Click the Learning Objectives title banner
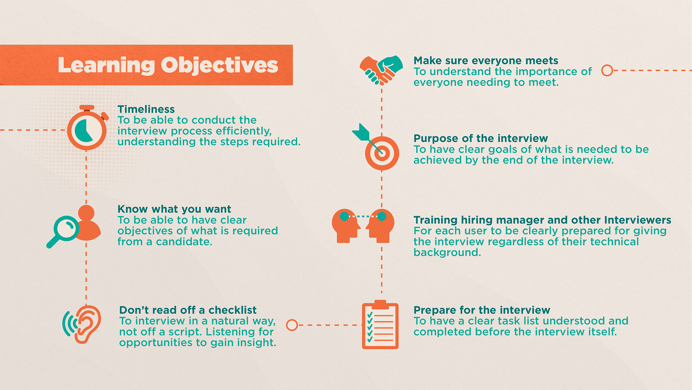pyautogui.click(x=146, y=65)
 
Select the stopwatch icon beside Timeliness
pyautogui.click(x=87, y=128)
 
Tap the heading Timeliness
pyautogui.click(x=146, y=109)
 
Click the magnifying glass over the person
pyautogui.click(x=63, y=231)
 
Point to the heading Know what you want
pyautogui.click(x=174, y=209)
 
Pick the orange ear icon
pyautogui.click(x=87, y=324)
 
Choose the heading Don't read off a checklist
pyautogui.click(x=188, y=310)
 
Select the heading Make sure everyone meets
pyautogui.click(x=486, y=60)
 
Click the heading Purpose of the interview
pyautogui.click(x=481, y=138)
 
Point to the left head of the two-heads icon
pyautogui.click(x=346, y=226)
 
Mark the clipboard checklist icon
pyautogui.click(x=380, y=324)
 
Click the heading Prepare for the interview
pyautogui.click(x=482, y=310)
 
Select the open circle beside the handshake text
pyautogui.click(x=607, y=70)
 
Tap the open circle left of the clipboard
pyautogui.click(x=292, y=325)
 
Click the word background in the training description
pyautogui.click(x=447, y=252)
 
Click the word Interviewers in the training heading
pyautogui.click(x=638, y=220)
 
